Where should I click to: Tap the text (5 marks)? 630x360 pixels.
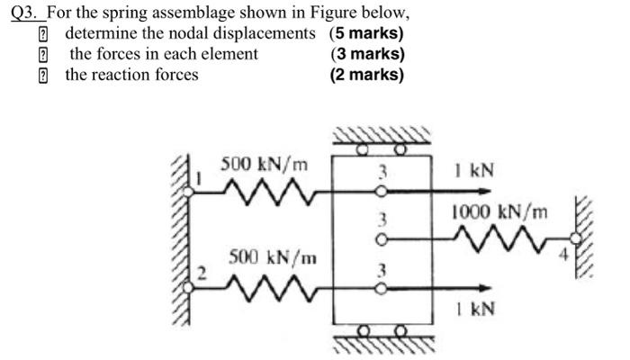point(366,34)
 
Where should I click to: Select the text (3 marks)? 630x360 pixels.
point(367,54)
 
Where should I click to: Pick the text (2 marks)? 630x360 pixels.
point(366,75)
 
